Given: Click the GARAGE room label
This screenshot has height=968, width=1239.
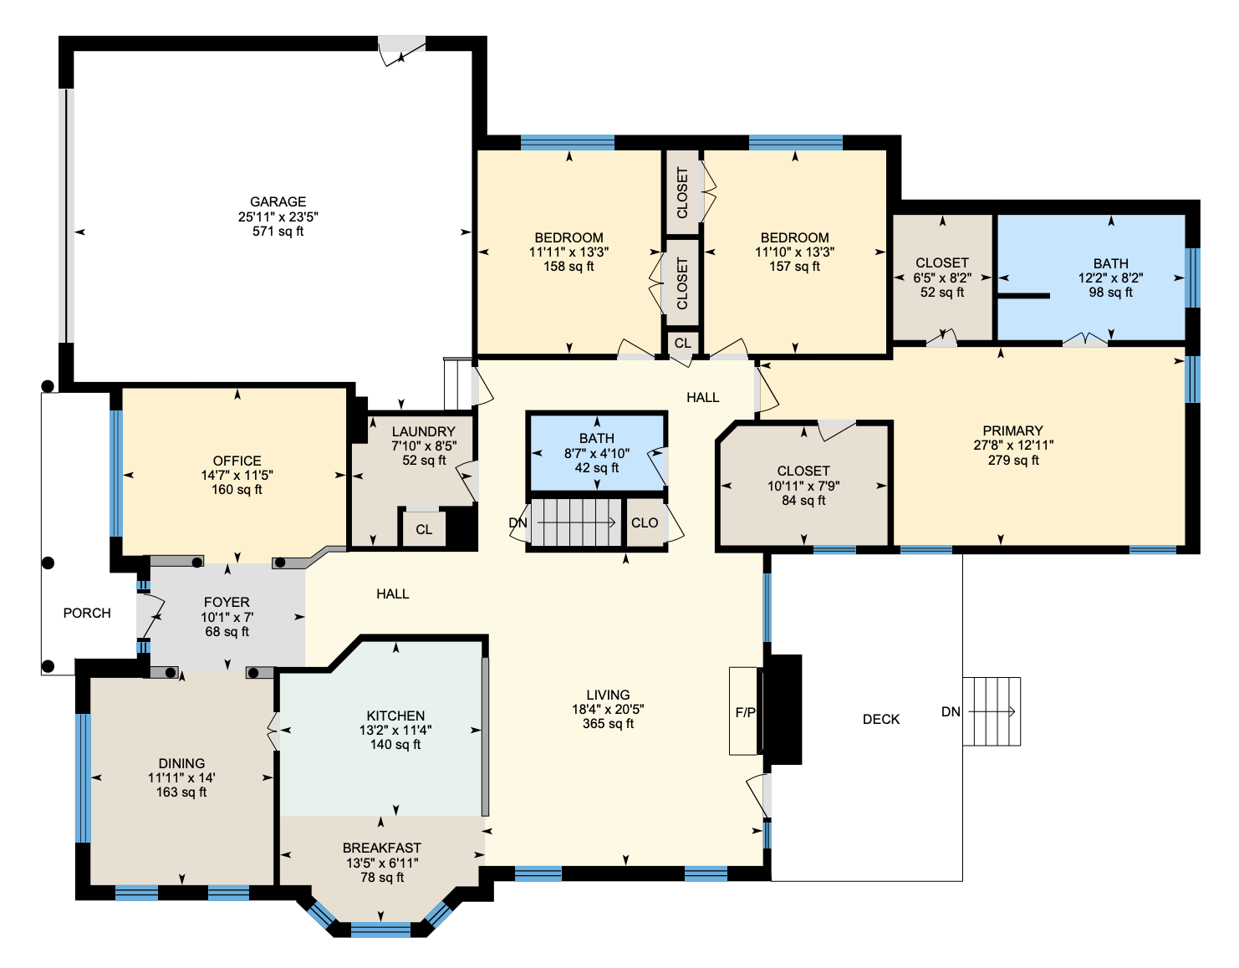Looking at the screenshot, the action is (278, 201).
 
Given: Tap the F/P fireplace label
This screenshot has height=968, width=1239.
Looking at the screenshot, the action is (745, 712).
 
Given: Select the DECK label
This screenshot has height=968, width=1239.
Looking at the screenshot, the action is (881, 720).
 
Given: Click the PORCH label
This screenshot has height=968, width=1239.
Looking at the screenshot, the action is (87, 613).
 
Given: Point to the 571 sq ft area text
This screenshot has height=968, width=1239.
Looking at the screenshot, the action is (278, 232).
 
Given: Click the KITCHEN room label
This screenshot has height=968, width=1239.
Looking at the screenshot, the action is (395, 716).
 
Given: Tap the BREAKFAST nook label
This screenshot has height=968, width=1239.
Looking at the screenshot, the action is (381, 848).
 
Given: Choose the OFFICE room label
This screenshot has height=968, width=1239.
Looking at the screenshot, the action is (237, 461).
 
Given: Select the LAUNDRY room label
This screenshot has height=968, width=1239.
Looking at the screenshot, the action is (423, 431).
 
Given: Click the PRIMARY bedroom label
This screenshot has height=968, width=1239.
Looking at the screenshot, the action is (1012, 431).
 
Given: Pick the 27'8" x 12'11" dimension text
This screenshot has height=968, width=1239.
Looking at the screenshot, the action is (1012, 446).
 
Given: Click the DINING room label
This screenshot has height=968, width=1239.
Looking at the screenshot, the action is (181, 763).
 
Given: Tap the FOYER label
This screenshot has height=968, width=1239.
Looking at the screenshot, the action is (227, 602).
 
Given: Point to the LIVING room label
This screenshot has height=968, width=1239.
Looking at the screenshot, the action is (608, 695).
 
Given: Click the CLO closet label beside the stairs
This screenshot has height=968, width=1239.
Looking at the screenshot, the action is (645, 522).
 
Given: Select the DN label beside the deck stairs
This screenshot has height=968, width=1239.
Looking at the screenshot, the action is (951, 711).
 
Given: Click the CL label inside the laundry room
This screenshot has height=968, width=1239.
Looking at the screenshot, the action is (424, 530).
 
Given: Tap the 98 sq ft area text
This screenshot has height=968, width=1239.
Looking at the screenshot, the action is (1111, 293).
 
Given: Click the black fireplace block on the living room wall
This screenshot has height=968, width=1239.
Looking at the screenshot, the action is (783, 709).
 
